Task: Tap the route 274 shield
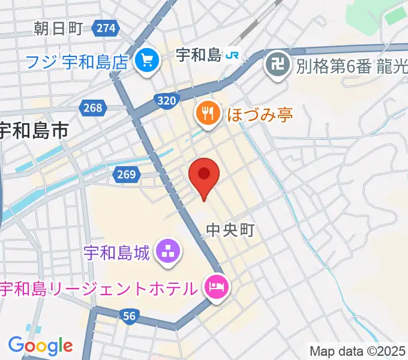tap(106, 28)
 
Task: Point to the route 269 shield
tap(125, 175)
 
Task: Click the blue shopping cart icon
tap(146, 60)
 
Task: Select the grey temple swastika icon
tap(277, 62)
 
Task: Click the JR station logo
tap(232, 56)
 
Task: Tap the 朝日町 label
tap(57, 28)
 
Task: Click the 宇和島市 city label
tap(34, 131)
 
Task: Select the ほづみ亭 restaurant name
tap(259, 114)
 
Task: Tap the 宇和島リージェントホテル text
tap(99, 289)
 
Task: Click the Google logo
tap(40, 345)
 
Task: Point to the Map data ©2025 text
tap(357, 351)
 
